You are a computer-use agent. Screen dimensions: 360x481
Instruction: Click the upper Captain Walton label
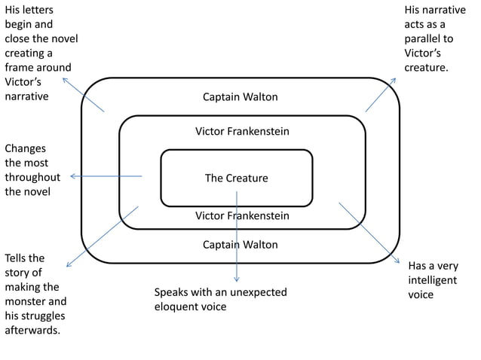point(240,97)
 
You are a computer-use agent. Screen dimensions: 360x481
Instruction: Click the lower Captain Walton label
point(240,245)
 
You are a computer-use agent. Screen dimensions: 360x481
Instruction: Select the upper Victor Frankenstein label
point(241,132)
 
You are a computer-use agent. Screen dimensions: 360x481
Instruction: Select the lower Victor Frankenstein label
point(241,216)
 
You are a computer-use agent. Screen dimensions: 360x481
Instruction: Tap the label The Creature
point(236,178)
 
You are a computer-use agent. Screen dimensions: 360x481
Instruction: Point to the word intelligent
point(432,280)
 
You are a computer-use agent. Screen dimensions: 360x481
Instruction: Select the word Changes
point(25,148)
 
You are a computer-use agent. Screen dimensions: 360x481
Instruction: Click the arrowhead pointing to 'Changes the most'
point(72,177)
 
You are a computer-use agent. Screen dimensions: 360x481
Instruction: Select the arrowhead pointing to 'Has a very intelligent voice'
point(397,260)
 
